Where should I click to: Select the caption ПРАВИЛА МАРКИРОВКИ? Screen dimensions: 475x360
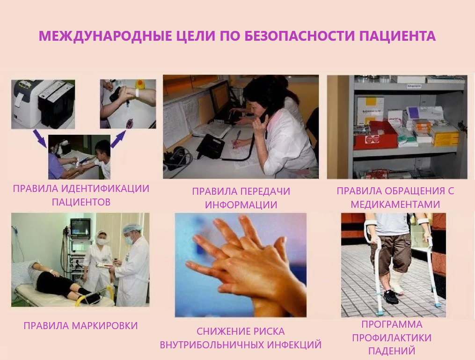[80, 326]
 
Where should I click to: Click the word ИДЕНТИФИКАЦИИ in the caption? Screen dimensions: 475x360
[105, 189]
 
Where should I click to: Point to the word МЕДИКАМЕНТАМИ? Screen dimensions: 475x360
[395, 204]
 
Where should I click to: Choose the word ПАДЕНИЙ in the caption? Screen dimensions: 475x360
[392, 351]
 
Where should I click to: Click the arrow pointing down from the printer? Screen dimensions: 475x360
[40, 138]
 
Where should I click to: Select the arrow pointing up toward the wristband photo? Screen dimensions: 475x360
[119, 139]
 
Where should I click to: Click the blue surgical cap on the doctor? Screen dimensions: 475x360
[132, 228]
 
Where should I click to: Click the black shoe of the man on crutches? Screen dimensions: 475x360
[390, 297]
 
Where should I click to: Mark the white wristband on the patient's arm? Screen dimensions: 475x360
[137, 93]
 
